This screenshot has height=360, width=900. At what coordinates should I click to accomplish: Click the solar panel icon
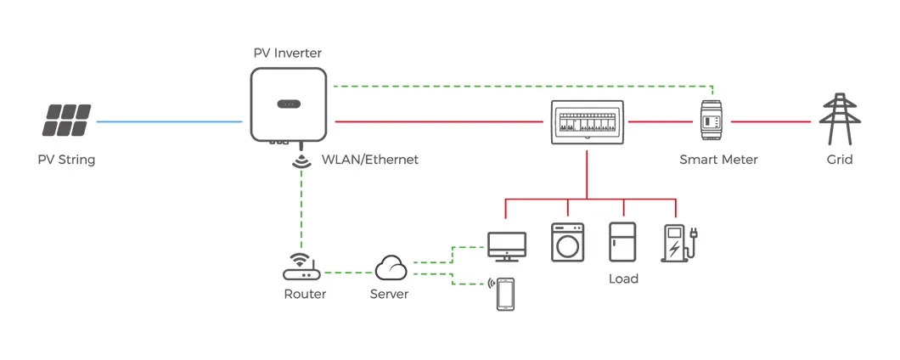[68, 121]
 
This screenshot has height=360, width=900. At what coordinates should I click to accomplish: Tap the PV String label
[66, 160]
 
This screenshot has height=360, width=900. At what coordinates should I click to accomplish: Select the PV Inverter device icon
[288, 104]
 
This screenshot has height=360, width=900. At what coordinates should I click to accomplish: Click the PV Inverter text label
[288, 53]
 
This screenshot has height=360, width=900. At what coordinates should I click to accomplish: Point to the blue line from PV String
[170, 122]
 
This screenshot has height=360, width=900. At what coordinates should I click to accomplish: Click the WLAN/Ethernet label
[369, 160]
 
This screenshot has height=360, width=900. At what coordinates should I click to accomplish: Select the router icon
[299, 267]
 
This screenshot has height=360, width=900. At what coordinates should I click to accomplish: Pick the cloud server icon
[391, 268]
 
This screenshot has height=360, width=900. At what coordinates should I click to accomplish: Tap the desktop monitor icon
[506, 245]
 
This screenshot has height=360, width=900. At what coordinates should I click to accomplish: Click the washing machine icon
[567, 242]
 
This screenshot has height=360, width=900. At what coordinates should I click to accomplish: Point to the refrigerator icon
[622, 242]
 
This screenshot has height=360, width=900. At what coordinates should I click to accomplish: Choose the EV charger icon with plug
[678, 242]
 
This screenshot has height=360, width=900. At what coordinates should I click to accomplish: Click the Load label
[623, 278]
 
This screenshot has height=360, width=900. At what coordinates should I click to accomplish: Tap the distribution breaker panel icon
[587, 122]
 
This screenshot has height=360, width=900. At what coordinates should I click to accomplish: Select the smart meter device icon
[712, 122]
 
